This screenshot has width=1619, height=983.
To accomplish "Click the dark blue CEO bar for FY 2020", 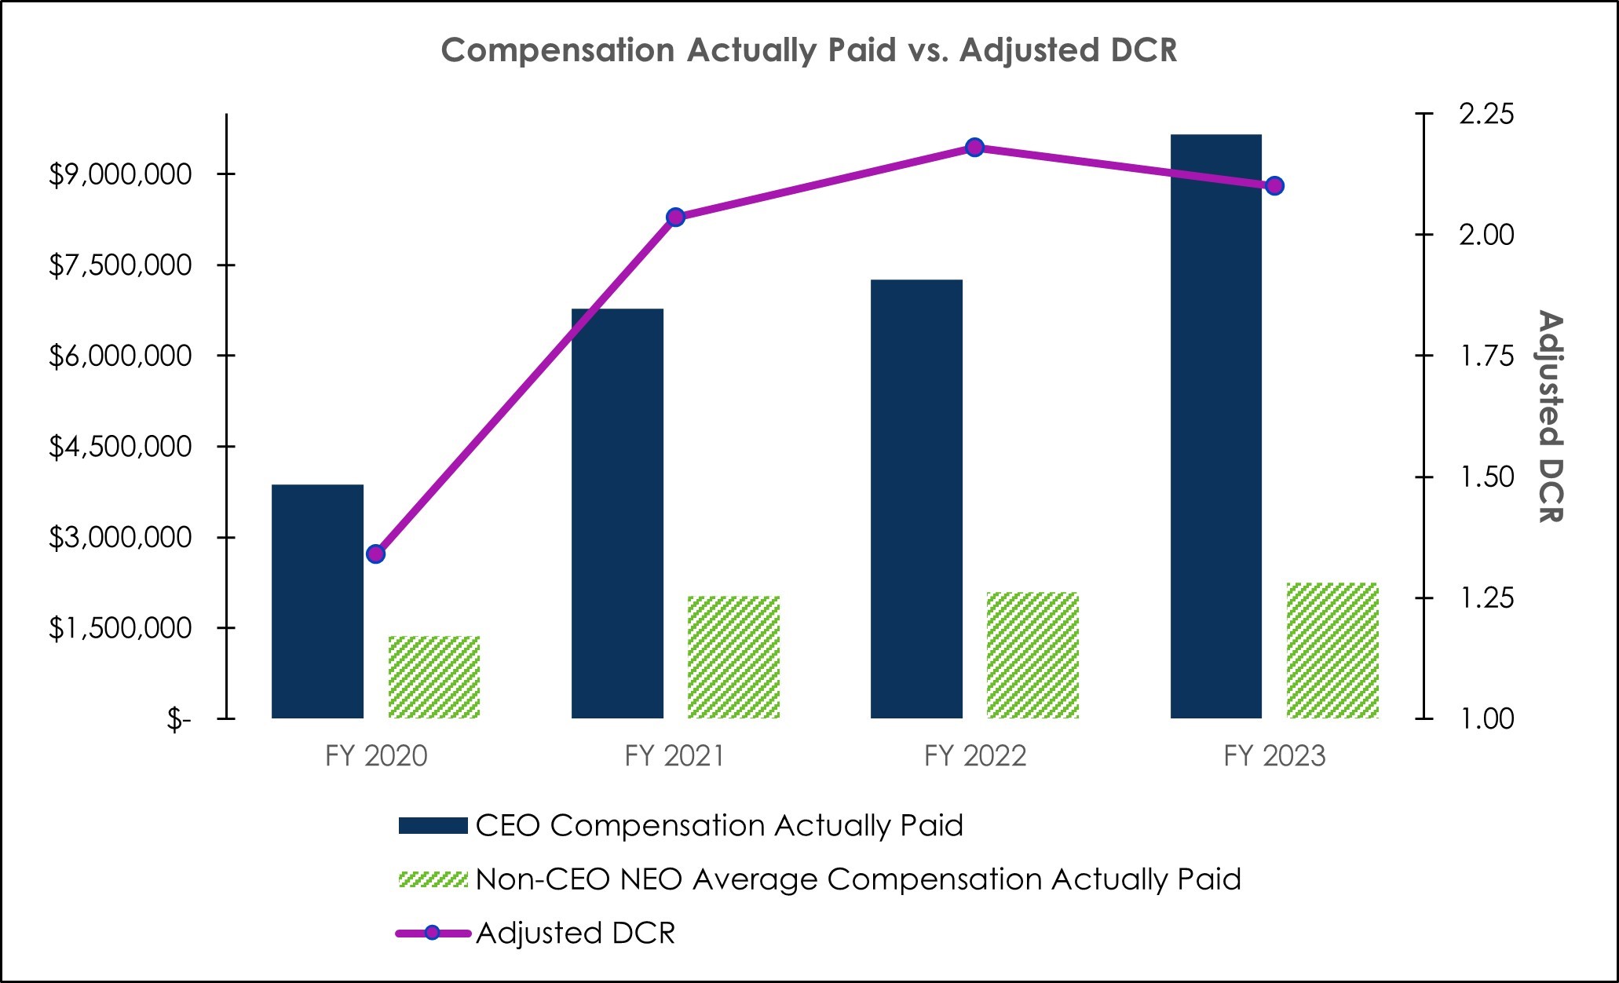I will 317,601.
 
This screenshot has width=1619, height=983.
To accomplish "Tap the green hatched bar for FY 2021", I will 733,656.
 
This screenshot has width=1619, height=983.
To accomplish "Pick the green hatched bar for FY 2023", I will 1332,650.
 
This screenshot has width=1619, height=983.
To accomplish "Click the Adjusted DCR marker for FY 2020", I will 376,554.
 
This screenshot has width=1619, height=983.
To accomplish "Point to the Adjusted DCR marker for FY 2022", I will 974,148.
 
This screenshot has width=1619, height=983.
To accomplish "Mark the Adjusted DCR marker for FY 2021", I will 675,217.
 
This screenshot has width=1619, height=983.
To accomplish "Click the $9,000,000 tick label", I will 120,174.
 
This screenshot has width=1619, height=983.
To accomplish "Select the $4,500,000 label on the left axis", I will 120,447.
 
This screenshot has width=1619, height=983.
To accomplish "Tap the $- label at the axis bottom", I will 178,719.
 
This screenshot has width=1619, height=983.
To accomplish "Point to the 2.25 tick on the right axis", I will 1486,115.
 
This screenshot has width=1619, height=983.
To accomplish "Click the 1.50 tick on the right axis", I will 1486,477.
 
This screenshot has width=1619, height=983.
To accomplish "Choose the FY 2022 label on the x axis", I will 974,756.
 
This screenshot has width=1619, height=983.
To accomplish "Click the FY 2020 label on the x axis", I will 376,756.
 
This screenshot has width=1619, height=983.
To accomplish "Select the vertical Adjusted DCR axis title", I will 1549,416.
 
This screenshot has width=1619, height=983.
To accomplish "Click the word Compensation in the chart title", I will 557,50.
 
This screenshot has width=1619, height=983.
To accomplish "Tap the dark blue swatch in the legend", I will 433,826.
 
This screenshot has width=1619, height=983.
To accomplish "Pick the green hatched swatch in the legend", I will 433,879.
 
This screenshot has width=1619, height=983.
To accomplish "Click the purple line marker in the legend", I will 432,933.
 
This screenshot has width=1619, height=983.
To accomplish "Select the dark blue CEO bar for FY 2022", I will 916,499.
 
